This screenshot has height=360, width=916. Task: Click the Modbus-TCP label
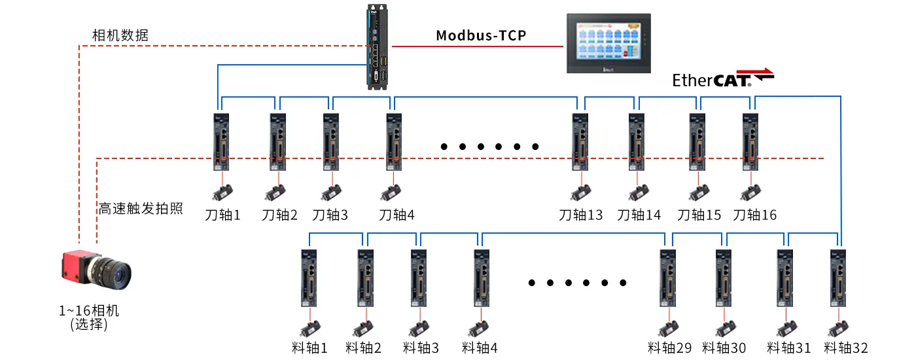pos(481,35)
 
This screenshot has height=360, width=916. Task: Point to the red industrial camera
pos(96,269)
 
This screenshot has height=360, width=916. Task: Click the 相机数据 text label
pos(120,35)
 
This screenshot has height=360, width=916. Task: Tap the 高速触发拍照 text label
pos(140,209)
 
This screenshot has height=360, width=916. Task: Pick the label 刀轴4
pos(396,215)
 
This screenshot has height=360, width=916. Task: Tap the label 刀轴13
pos(581,215)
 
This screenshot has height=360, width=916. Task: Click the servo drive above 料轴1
pos(309,278)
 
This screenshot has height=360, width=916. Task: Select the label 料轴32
pos(846,348)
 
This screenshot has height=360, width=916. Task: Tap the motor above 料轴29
pos(669,328)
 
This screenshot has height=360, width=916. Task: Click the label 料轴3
pos(421,348)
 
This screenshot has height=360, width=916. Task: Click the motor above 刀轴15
pos(699,192)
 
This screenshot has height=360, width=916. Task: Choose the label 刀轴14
pos(639,215)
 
